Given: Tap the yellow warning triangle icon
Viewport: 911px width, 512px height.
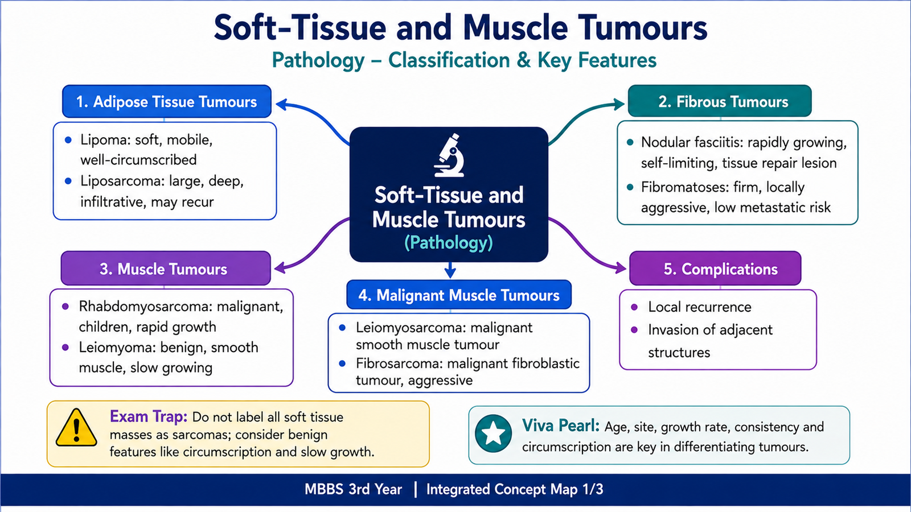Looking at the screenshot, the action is (x=76, y=428).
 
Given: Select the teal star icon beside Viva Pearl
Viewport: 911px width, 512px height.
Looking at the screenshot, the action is (x=493, y=433).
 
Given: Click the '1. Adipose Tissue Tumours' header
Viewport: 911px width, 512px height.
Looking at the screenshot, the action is (x=167, y=101).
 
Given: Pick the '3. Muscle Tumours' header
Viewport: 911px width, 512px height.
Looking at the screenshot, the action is (x=166, y=268).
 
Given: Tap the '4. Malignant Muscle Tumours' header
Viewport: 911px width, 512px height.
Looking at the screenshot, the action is (x=459, y=295).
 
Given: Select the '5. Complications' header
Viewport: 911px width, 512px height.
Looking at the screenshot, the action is (x=715, y=268).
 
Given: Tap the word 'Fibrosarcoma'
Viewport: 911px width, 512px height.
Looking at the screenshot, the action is (x=397, y=364).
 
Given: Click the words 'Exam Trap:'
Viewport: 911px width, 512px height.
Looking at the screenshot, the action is (x=149, y=417).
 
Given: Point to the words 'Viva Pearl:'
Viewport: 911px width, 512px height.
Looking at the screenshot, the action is (x=561, y=426).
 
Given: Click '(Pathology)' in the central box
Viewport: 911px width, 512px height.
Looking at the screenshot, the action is (x=449, y=242).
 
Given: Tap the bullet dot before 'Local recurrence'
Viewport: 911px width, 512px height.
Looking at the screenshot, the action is (x=634, y=307).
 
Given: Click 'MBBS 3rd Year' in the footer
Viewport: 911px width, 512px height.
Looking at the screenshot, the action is (x=353, y=489).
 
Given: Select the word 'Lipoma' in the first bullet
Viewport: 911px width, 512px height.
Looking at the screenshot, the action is (x=103, y=140).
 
